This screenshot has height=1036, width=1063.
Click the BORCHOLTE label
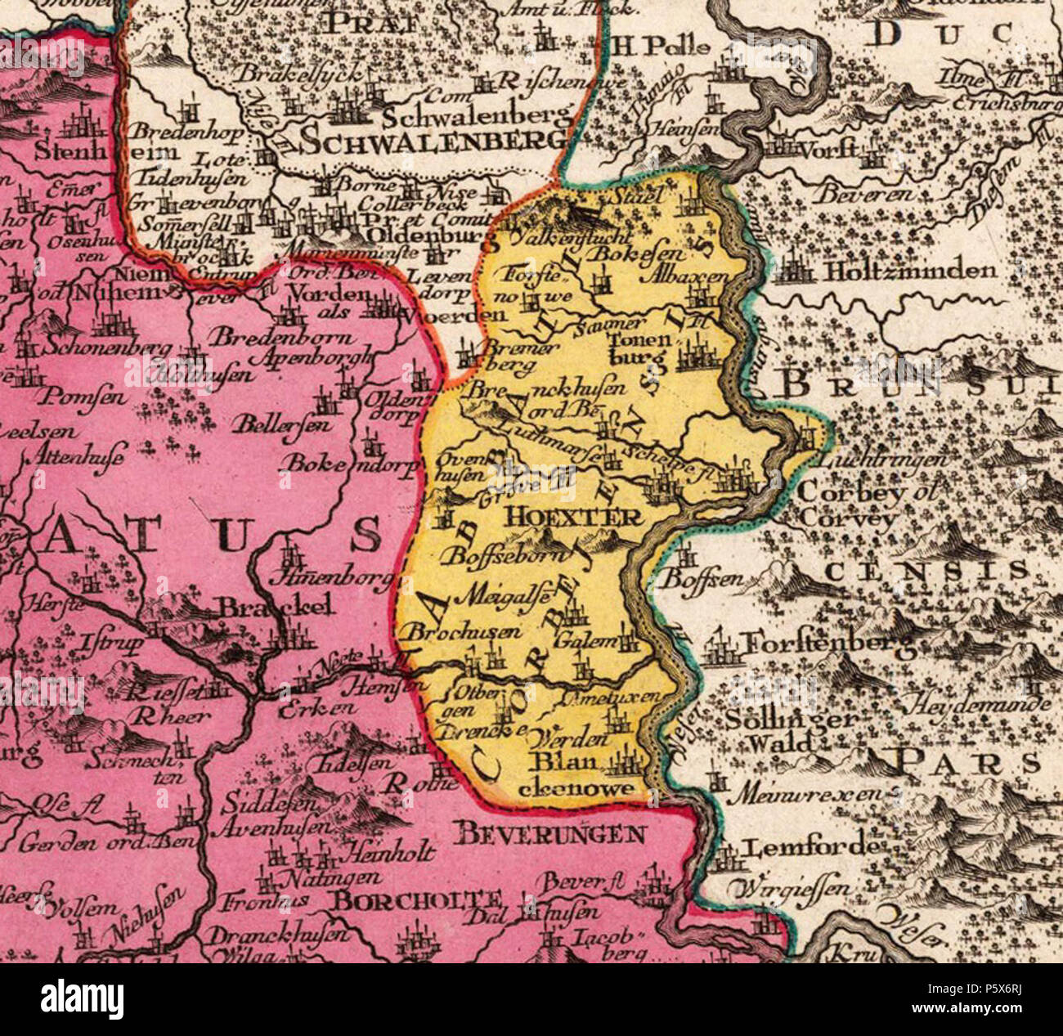tap(417, 900)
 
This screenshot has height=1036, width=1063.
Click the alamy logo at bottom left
tap(82, 999)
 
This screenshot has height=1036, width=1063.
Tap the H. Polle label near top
tap(661, 46)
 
